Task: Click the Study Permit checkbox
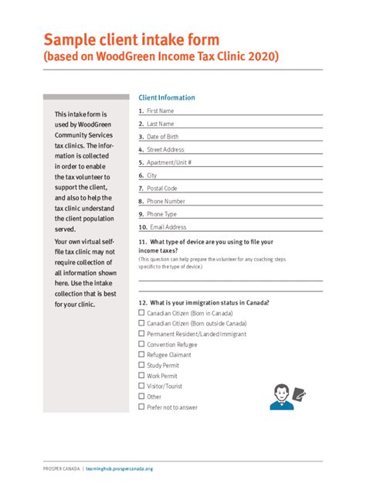pyautogui.click(x=141, y=365)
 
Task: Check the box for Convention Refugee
pyautogui.click(x=141, y=344)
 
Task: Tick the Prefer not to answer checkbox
pyautogui.click(x=141, y=407)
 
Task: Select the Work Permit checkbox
pyautogui.click(x=141, y=376)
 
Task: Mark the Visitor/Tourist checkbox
pyautogui.click(x=141, y=386)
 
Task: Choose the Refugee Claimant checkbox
pyautogui.click(x=141, y=355)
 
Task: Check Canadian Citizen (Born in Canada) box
pyautogui.click(x=141, y=313)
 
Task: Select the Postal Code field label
pyautogui.click(x=162, y=189)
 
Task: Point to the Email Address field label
pyautogui.click(x=168, y=227)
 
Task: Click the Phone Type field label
pyautogui.click(x=161, y=214)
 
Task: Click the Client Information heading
pyautogui.click(x=167, y=98)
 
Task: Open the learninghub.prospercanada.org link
pyautogui.click(x=120, y=468)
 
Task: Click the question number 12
pyautogui.click(x=142, y=302)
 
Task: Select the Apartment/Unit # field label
pyautogui.click(x=169, y=163)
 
